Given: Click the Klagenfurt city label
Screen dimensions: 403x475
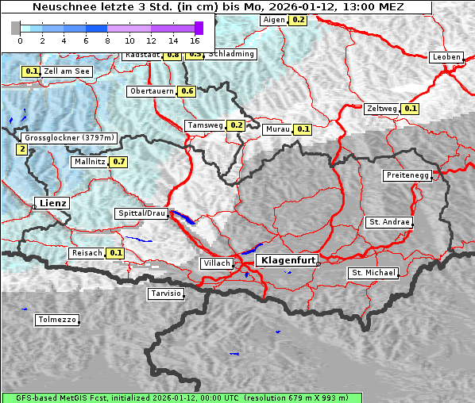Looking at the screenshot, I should point(288,259).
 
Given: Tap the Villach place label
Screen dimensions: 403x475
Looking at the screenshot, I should point(216,263).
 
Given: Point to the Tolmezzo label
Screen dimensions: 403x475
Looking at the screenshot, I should point(57,320).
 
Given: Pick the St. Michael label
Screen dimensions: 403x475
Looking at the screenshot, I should point(373,273).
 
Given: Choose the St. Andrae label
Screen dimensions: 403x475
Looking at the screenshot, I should point(389,222).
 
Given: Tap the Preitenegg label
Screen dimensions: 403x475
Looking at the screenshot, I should point(407,175).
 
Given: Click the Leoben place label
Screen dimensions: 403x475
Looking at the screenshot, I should point(446,57).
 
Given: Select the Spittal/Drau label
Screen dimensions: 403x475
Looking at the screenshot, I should point(141,213).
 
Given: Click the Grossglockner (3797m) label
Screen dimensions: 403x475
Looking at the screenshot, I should point(70,138).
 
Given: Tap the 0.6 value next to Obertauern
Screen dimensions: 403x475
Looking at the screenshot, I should point(187,91).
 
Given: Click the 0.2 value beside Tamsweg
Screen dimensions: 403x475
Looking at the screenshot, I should point(236,125).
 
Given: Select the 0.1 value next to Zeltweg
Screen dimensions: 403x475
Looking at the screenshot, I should point(411,109).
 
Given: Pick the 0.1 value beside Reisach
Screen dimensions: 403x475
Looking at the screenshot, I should point(116,253).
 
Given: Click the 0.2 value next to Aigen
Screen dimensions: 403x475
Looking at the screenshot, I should point(298,19).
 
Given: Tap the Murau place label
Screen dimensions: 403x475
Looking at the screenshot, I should point(278,129).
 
